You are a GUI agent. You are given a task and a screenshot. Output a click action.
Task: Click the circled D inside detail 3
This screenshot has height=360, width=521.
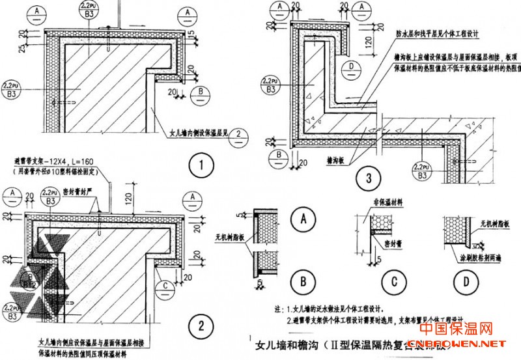click(x=350, y=68)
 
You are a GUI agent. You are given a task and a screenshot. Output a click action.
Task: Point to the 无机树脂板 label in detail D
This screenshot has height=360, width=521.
click(x=489, y=224)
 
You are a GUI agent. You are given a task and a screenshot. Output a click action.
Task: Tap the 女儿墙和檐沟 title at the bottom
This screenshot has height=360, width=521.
click(x=290, y=344)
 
